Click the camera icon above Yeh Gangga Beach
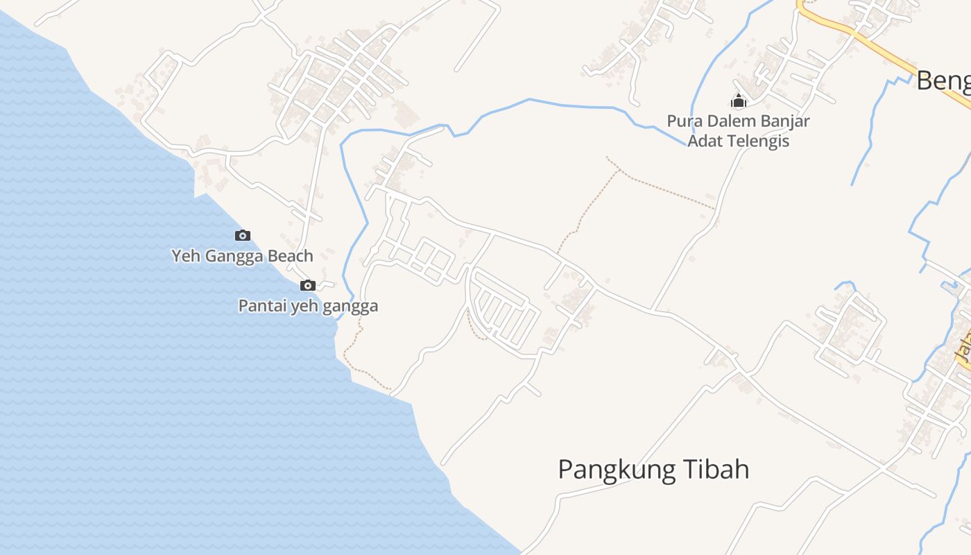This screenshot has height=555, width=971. click(x=242, y=236)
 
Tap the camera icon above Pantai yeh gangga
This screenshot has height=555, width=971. click(x=307, y=285)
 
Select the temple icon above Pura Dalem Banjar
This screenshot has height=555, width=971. click(x=739, y=101)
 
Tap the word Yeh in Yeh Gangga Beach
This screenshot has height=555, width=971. click(x=184, y=256)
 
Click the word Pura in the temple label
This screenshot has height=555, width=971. click(x=682, y=121)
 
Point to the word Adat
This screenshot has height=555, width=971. click(x=704, y=142)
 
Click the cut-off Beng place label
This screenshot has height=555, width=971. click(x=943, y=81)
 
